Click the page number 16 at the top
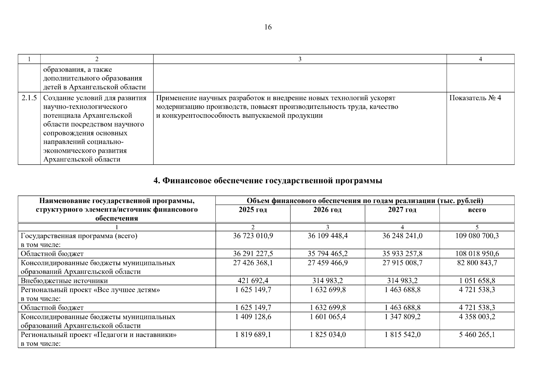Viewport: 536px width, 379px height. [x=268, y=27]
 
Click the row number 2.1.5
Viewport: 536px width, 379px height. [x=29, y=98]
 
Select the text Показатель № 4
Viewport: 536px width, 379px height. [x=475, y=98]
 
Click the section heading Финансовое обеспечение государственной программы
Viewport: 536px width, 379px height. [x=268, y=181]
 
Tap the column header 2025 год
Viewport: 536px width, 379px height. [x=253, y=210]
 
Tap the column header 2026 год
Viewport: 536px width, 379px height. [x=327, y=210]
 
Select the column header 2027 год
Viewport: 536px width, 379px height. [x=402, y=210]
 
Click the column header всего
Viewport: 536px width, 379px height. [x=477, y=210]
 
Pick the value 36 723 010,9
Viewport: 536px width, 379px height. [x=253, y=236]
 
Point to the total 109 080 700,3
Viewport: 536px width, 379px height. [x=477, y=236]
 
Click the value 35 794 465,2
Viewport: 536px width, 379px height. [x=328, y=254]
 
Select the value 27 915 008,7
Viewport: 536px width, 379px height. [x=402, y=263]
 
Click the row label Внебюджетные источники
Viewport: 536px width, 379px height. [x=64, y=281]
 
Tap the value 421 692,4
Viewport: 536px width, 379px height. [x=253, y=281]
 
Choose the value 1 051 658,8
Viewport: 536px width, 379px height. [x=477, y=281]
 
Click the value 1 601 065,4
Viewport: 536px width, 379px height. [x=328, y=317]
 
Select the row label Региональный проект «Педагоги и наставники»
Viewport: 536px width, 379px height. [x=99, y=335]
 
